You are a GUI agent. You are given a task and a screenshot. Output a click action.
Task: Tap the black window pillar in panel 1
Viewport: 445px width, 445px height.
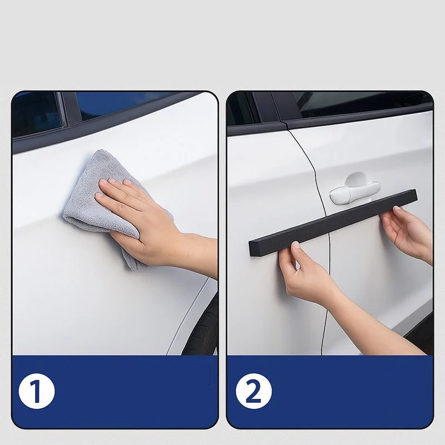(70, 111)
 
